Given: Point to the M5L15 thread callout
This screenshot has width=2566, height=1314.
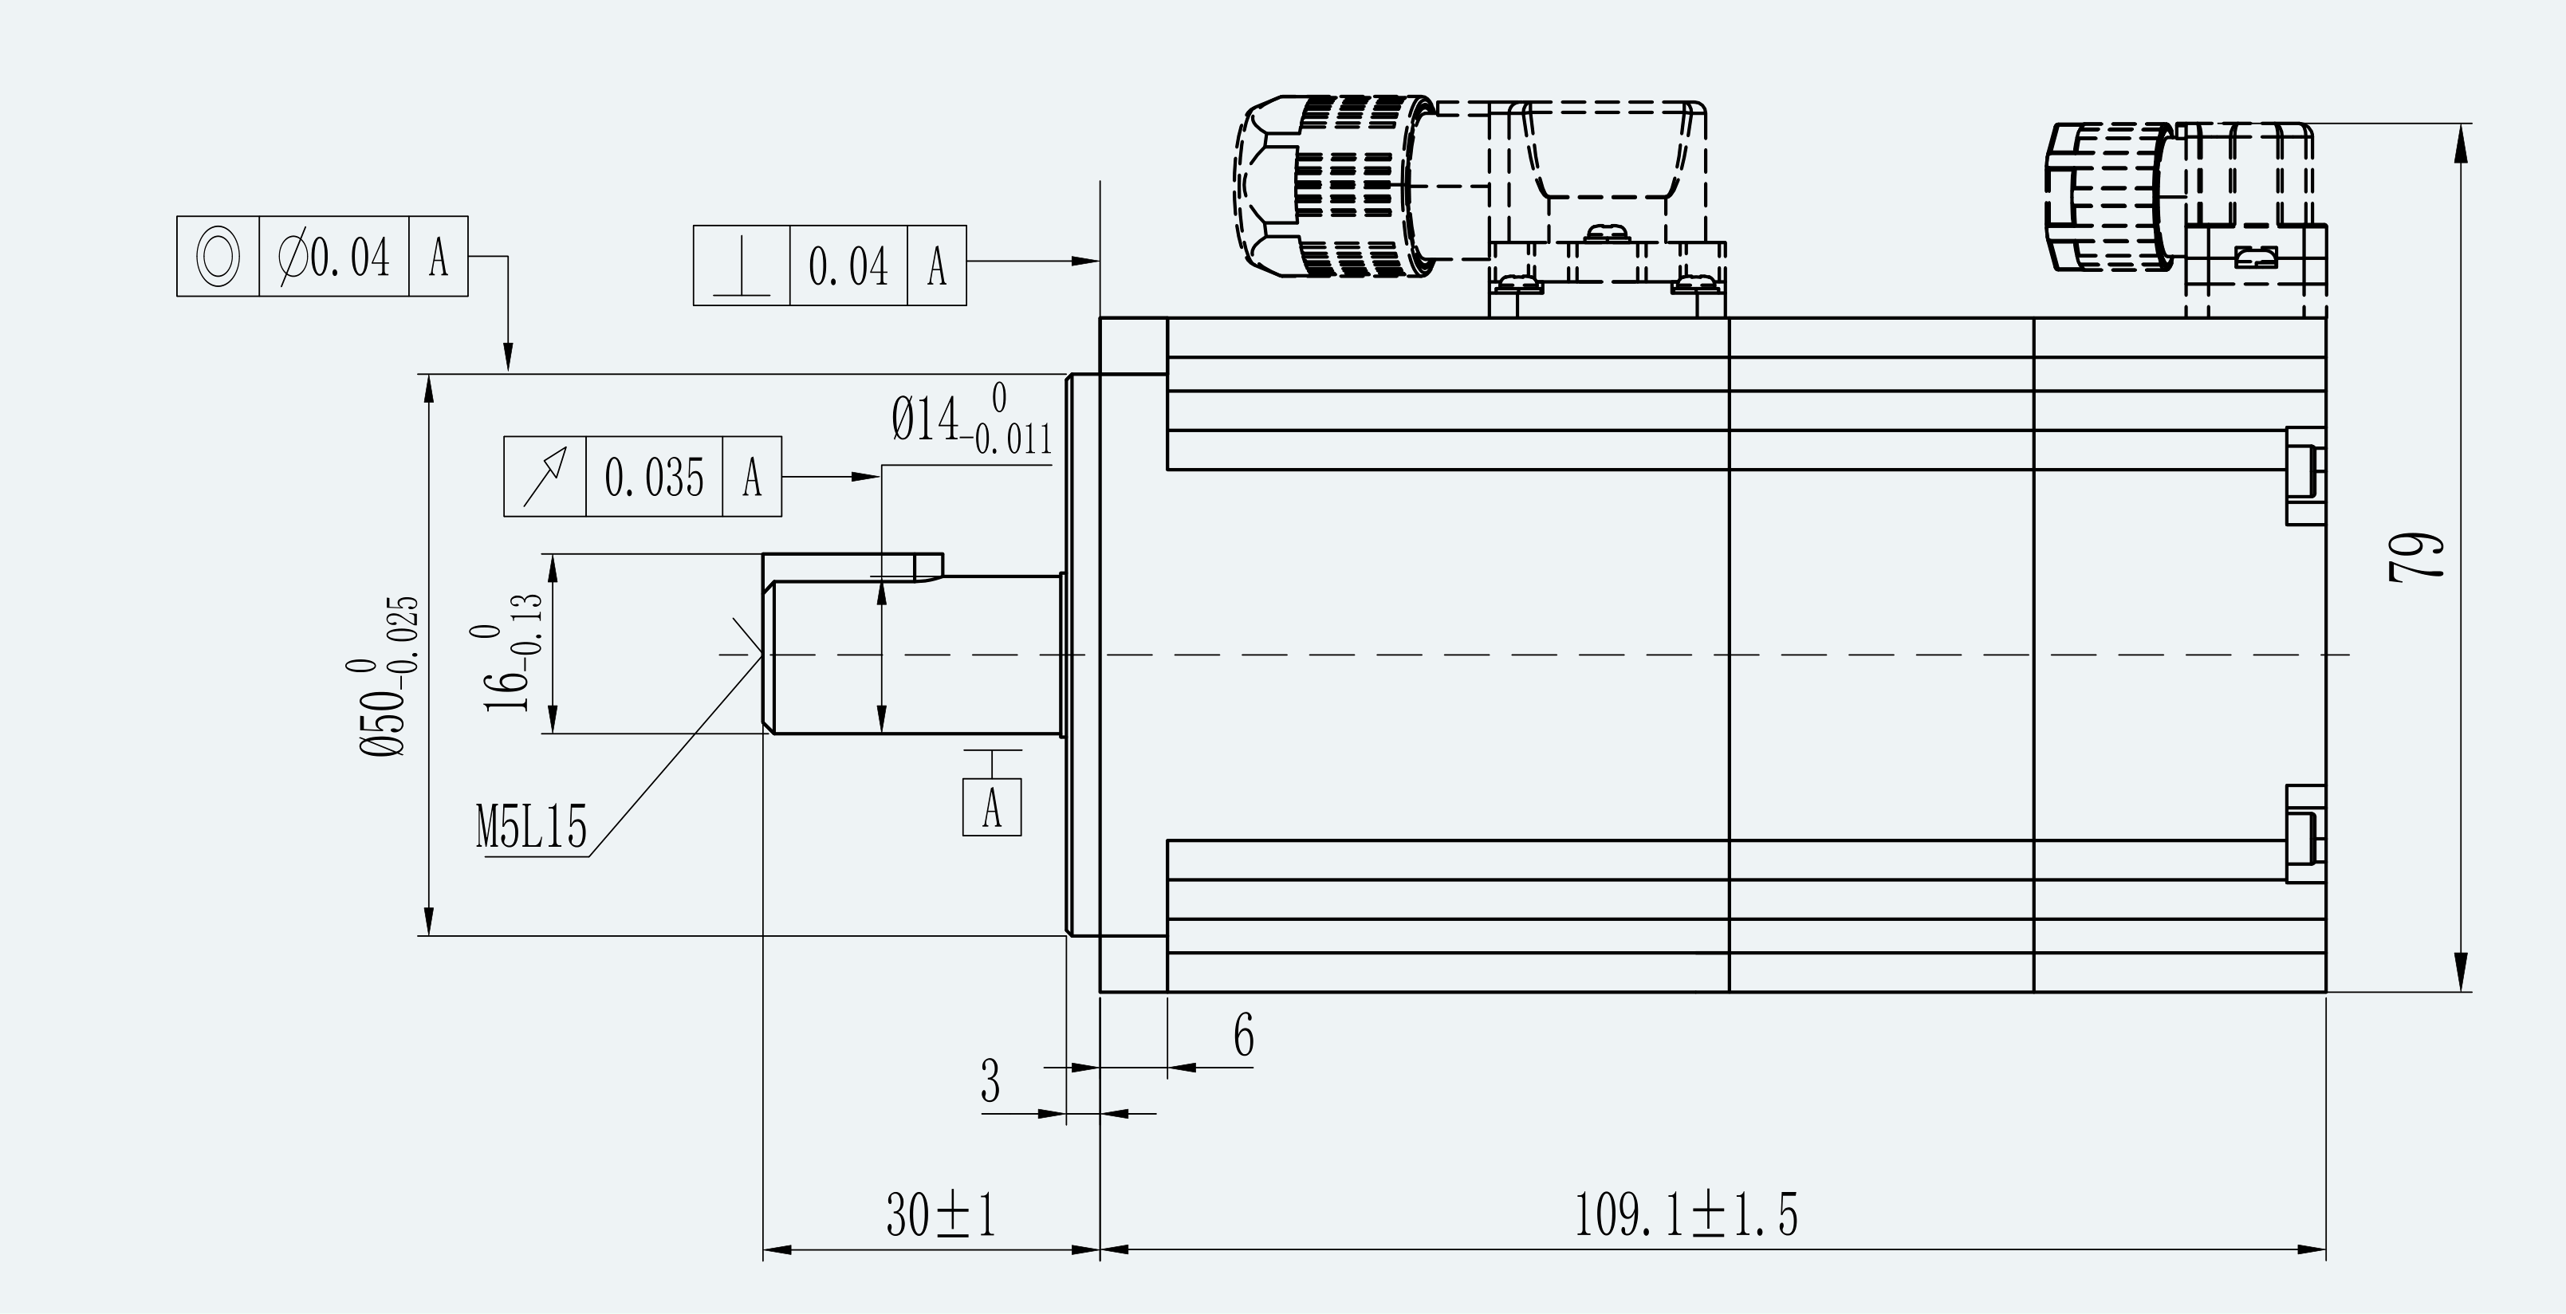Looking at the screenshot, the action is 531,827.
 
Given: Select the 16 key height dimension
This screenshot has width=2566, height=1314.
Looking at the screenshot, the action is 514,654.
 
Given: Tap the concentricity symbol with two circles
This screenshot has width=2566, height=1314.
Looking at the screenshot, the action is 218,256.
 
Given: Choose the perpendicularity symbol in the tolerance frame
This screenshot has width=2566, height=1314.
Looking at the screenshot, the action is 741,272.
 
